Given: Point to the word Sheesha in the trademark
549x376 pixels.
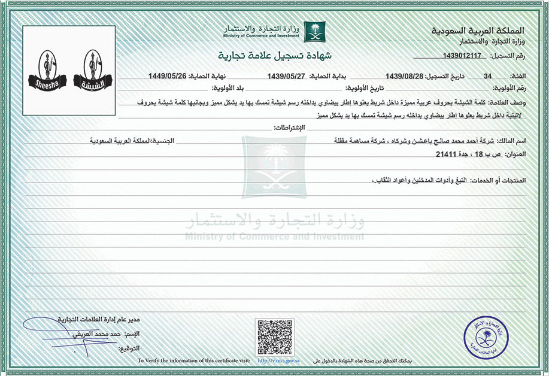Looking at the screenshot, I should click(46, 82).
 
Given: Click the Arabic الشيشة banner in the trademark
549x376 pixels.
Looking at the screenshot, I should click(93, 82).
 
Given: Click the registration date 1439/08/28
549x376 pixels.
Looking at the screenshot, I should click(405, 76).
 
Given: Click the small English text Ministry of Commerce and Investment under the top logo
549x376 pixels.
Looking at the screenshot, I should click(264, 36).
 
